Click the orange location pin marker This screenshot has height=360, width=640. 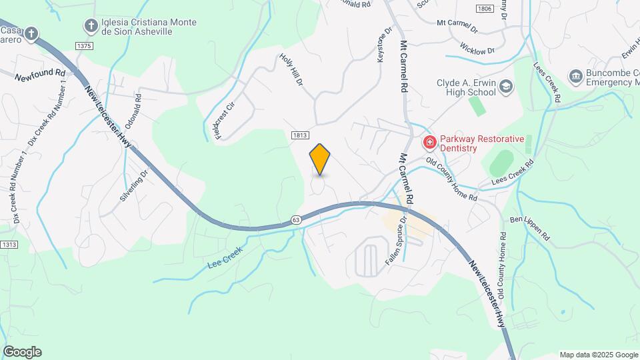320,159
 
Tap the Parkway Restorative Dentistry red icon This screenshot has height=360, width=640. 430,143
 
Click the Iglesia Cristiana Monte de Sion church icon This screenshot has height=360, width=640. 91,26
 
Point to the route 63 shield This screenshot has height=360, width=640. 296,219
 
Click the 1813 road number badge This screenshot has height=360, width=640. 300,135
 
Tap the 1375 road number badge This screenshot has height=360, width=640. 84,45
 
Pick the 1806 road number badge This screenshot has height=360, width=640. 485,9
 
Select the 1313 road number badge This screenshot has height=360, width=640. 8,245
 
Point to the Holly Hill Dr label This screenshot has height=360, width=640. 291,70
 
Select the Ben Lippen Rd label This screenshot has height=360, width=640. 529,227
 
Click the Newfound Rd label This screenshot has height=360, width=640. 41,74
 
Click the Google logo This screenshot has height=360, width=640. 22,352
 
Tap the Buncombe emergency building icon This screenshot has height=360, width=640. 575,77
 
